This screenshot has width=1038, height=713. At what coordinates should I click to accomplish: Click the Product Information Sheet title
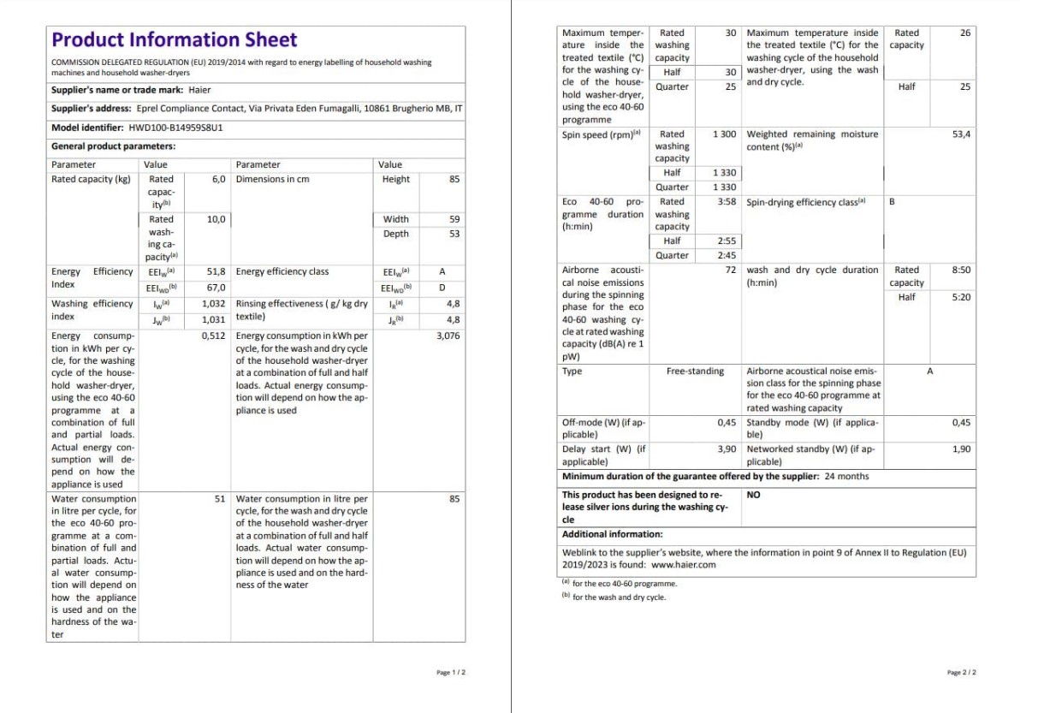(x=175, y=40)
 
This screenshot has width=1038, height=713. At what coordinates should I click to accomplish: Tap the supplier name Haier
(x=199, y=90)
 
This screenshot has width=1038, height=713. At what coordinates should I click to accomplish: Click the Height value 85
(x=454, y=180)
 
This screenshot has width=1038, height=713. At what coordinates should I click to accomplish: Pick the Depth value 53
(x=454, y=234)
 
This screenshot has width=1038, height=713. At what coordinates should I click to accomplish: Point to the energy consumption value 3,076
(x=448, y=336)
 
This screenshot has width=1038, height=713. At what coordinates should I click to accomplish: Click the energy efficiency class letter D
(x=442, y=288)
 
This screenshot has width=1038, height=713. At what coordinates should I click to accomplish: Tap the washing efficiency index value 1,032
(x=214, y=304)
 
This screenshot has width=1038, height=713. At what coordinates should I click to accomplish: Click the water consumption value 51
(x=220, y=498)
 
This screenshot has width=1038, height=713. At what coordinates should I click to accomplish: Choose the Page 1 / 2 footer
(x=451, y=673)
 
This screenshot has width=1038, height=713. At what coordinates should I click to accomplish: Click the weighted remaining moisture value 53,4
(x=961, y=134)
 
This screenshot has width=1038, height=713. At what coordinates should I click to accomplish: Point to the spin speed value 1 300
(x=723, y=134)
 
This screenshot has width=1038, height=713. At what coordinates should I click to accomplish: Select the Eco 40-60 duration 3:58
(x=727, y=203)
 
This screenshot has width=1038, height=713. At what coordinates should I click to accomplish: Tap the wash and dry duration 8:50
(x=961, y=270)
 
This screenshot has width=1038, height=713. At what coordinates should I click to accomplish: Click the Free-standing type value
(x=695, y=371)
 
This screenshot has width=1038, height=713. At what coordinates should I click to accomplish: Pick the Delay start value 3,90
(x=727, y=449)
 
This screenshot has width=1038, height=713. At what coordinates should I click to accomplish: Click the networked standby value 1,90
(x=961, y=449)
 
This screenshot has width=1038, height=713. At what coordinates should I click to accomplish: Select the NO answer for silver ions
(x=753, y=495)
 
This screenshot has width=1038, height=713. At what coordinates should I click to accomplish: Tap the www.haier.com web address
(x=683, y=565)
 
